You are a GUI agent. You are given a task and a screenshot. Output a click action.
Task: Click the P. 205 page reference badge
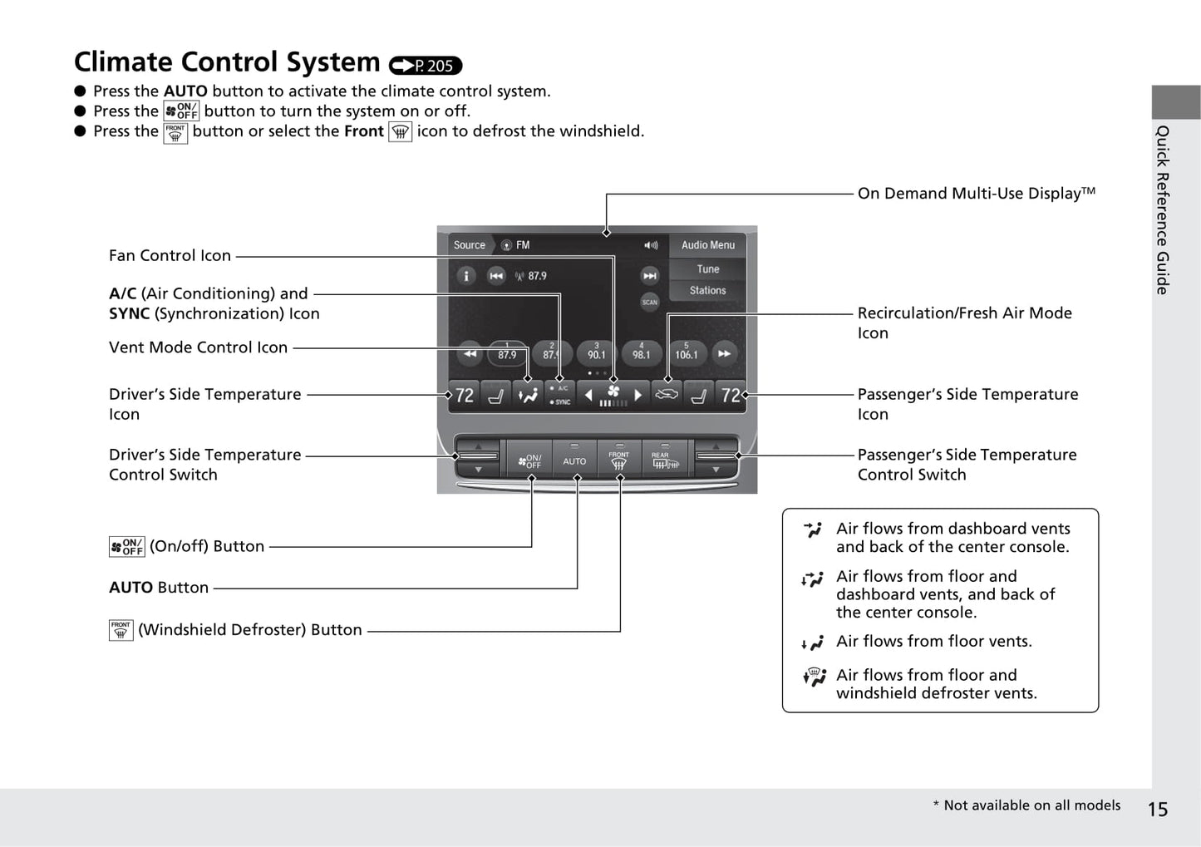point(425,66)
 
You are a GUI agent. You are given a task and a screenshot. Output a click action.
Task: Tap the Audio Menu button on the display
point(707,245)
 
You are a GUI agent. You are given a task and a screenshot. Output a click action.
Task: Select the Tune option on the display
point(707,269)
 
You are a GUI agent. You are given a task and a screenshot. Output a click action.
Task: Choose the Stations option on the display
point(707,291)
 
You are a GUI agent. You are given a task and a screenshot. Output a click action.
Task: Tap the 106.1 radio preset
point(686,352)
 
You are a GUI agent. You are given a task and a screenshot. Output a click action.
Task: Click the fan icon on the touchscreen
point(613,392)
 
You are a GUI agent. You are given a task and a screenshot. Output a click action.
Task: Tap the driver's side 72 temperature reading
point(465,396)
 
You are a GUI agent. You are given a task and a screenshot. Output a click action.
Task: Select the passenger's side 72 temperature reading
point(731,396)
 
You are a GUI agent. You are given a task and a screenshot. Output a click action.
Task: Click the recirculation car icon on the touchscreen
point(666,395)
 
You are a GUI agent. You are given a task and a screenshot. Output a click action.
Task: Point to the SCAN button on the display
point(649,302)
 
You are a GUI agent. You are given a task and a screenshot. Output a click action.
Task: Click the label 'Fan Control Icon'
point(170,256)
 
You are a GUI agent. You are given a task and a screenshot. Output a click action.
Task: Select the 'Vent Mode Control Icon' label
point(198,347)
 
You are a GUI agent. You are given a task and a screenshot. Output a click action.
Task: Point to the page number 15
point(1157,809)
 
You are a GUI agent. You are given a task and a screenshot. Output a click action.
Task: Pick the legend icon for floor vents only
point(812,643)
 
